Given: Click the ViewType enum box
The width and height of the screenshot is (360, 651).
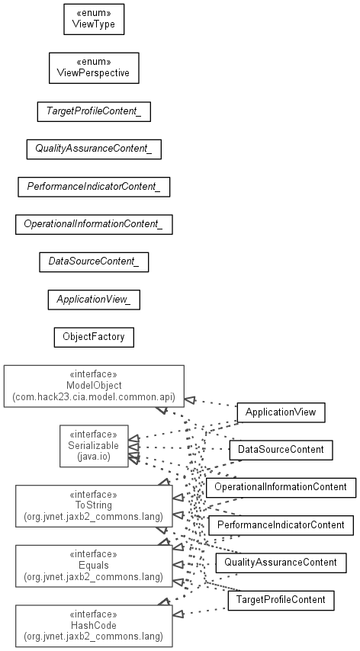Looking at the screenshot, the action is (x=94, y=19).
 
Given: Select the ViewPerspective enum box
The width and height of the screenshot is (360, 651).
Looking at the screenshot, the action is (x=94, y=68).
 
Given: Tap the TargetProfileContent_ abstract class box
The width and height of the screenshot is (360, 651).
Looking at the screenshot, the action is (x=94, y=112).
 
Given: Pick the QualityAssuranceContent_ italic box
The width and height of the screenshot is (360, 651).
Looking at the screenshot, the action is (x=94, y=149).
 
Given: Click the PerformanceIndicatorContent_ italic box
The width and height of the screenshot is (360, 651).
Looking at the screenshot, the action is (x=94, y=187).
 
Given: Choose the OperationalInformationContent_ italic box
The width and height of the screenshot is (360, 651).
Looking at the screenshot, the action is (x=94, y=224).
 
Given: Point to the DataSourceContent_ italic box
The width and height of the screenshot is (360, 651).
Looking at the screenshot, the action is (x=94, y=262).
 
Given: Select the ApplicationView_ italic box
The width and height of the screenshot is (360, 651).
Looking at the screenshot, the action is (x=94, y=300).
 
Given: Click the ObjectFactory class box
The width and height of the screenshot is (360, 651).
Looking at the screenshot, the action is (x=94, y=337).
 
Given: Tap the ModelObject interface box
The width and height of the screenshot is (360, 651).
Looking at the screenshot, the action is (x=94, y=386).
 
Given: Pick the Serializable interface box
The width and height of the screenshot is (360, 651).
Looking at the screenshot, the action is (x=94, y=446).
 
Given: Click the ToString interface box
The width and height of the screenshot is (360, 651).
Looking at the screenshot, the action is (x=94, y=506).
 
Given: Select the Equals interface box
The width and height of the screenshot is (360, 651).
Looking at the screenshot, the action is (x=94, y=566).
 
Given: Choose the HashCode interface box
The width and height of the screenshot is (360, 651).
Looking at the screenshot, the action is (x=94, y=626).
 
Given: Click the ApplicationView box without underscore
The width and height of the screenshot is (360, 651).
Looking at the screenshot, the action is (x=281, y=412).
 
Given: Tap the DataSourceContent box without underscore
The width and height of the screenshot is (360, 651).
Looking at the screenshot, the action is (x=281, y=450).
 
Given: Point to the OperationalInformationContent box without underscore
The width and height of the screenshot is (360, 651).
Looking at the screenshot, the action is (x=281, y=487).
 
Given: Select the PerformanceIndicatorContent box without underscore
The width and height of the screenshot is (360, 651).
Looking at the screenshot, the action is (x=281, y=525).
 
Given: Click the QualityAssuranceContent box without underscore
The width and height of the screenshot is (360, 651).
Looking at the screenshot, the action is (x=281, y=563).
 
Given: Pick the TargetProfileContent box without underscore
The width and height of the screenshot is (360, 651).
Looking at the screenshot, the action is (x=281, y=601).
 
